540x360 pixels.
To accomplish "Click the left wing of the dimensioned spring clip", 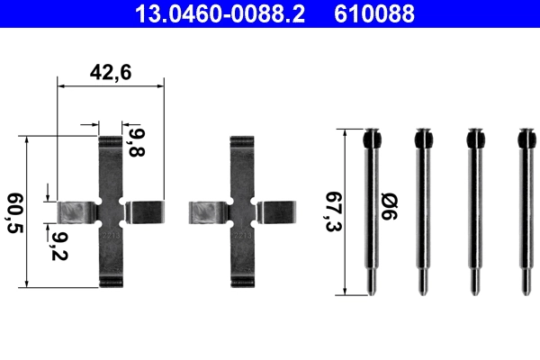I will click(77, 212).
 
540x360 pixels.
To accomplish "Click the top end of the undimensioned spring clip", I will click(241, 146).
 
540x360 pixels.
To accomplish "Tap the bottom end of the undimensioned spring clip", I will click(241, 282).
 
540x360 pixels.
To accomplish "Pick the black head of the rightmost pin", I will click(526, 140).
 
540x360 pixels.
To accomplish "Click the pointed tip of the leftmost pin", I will click(372, 289).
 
